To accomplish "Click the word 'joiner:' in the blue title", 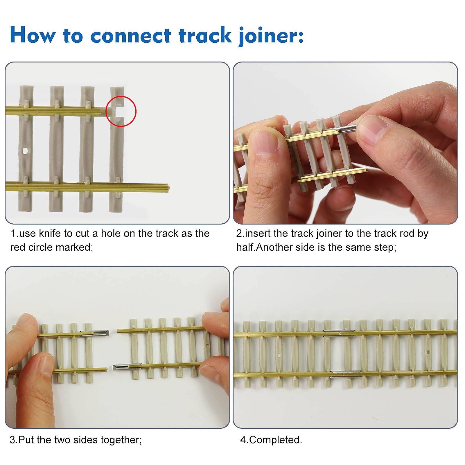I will pyautogui.click(x=271, y=36).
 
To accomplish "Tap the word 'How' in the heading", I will pyautogui.click(x=32, y=35).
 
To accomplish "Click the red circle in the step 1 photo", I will pyautogui.click(x=121, y=111).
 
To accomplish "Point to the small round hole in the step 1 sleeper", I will pyautogui.click(x=26, y=151).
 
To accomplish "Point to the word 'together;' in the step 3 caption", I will pyautogui.click(x=121, y=440).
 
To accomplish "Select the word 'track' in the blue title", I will pyautogui.click(x=205, y=35).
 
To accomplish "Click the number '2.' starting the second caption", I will pyautogui.click(x=240, y=234).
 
